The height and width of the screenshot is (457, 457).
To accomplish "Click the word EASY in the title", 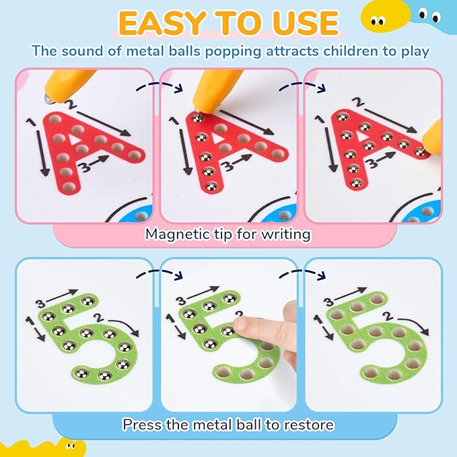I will pos(160,24).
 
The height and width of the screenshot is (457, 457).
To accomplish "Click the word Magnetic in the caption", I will pos(175,234).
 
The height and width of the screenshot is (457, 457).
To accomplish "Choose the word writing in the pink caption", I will pos(283,234).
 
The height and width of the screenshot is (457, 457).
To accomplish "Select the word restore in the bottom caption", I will pos(310,425).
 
